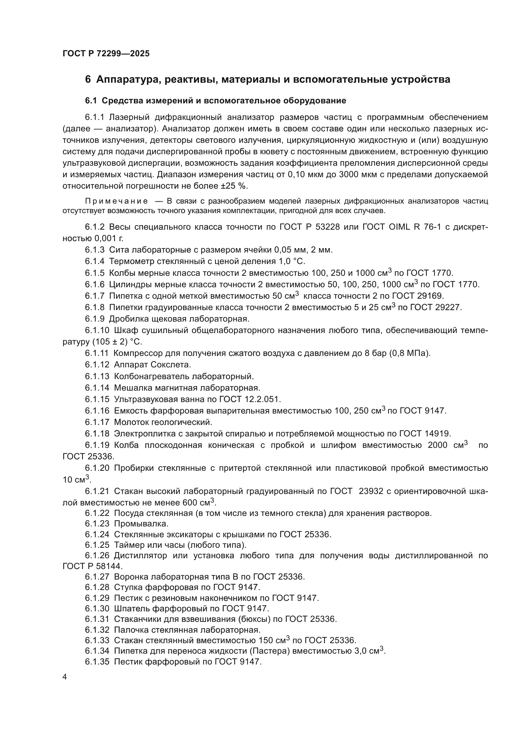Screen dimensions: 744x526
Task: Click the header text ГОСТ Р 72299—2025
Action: (x=106, y=53)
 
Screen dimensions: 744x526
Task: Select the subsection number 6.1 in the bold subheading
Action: (x=91, y=101)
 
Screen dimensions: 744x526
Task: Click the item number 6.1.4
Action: (x=94, y=261)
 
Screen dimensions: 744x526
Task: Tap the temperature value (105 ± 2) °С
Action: (x=117, y=342)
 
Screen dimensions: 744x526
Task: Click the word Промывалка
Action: (x=141, y=524)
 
